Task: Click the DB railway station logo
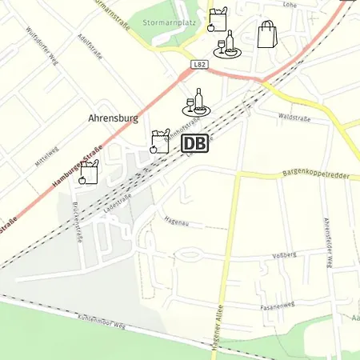195,143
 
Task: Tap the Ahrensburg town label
113,118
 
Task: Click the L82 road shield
201,63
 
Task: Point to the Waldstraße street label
294,117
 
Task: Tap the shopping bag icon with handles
266,34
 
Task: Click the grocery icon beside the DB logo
160,142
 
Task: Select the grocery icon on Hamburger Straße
88,172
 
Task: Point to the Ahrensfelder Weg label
327,241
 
